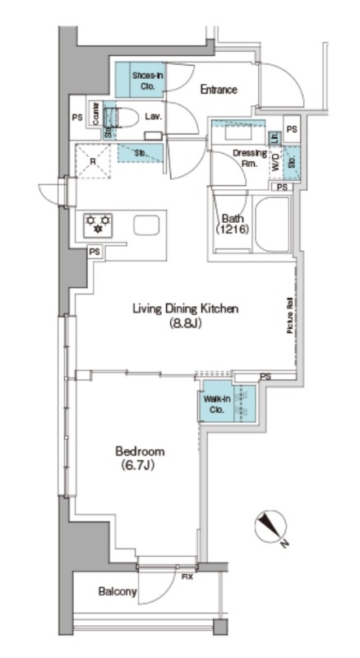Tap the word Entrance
point(219,90)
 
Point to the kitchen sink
point(146,225)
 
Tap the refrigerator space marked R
point(93,161)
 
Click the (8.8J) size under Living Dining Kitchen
point(186,323)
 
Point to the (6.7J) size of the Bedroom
point(140,466)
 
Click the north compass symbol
point(270,525)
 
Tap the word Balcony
point(116,591)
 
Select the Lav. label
point(152,117)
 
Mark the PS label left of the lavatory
point(76,117)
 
